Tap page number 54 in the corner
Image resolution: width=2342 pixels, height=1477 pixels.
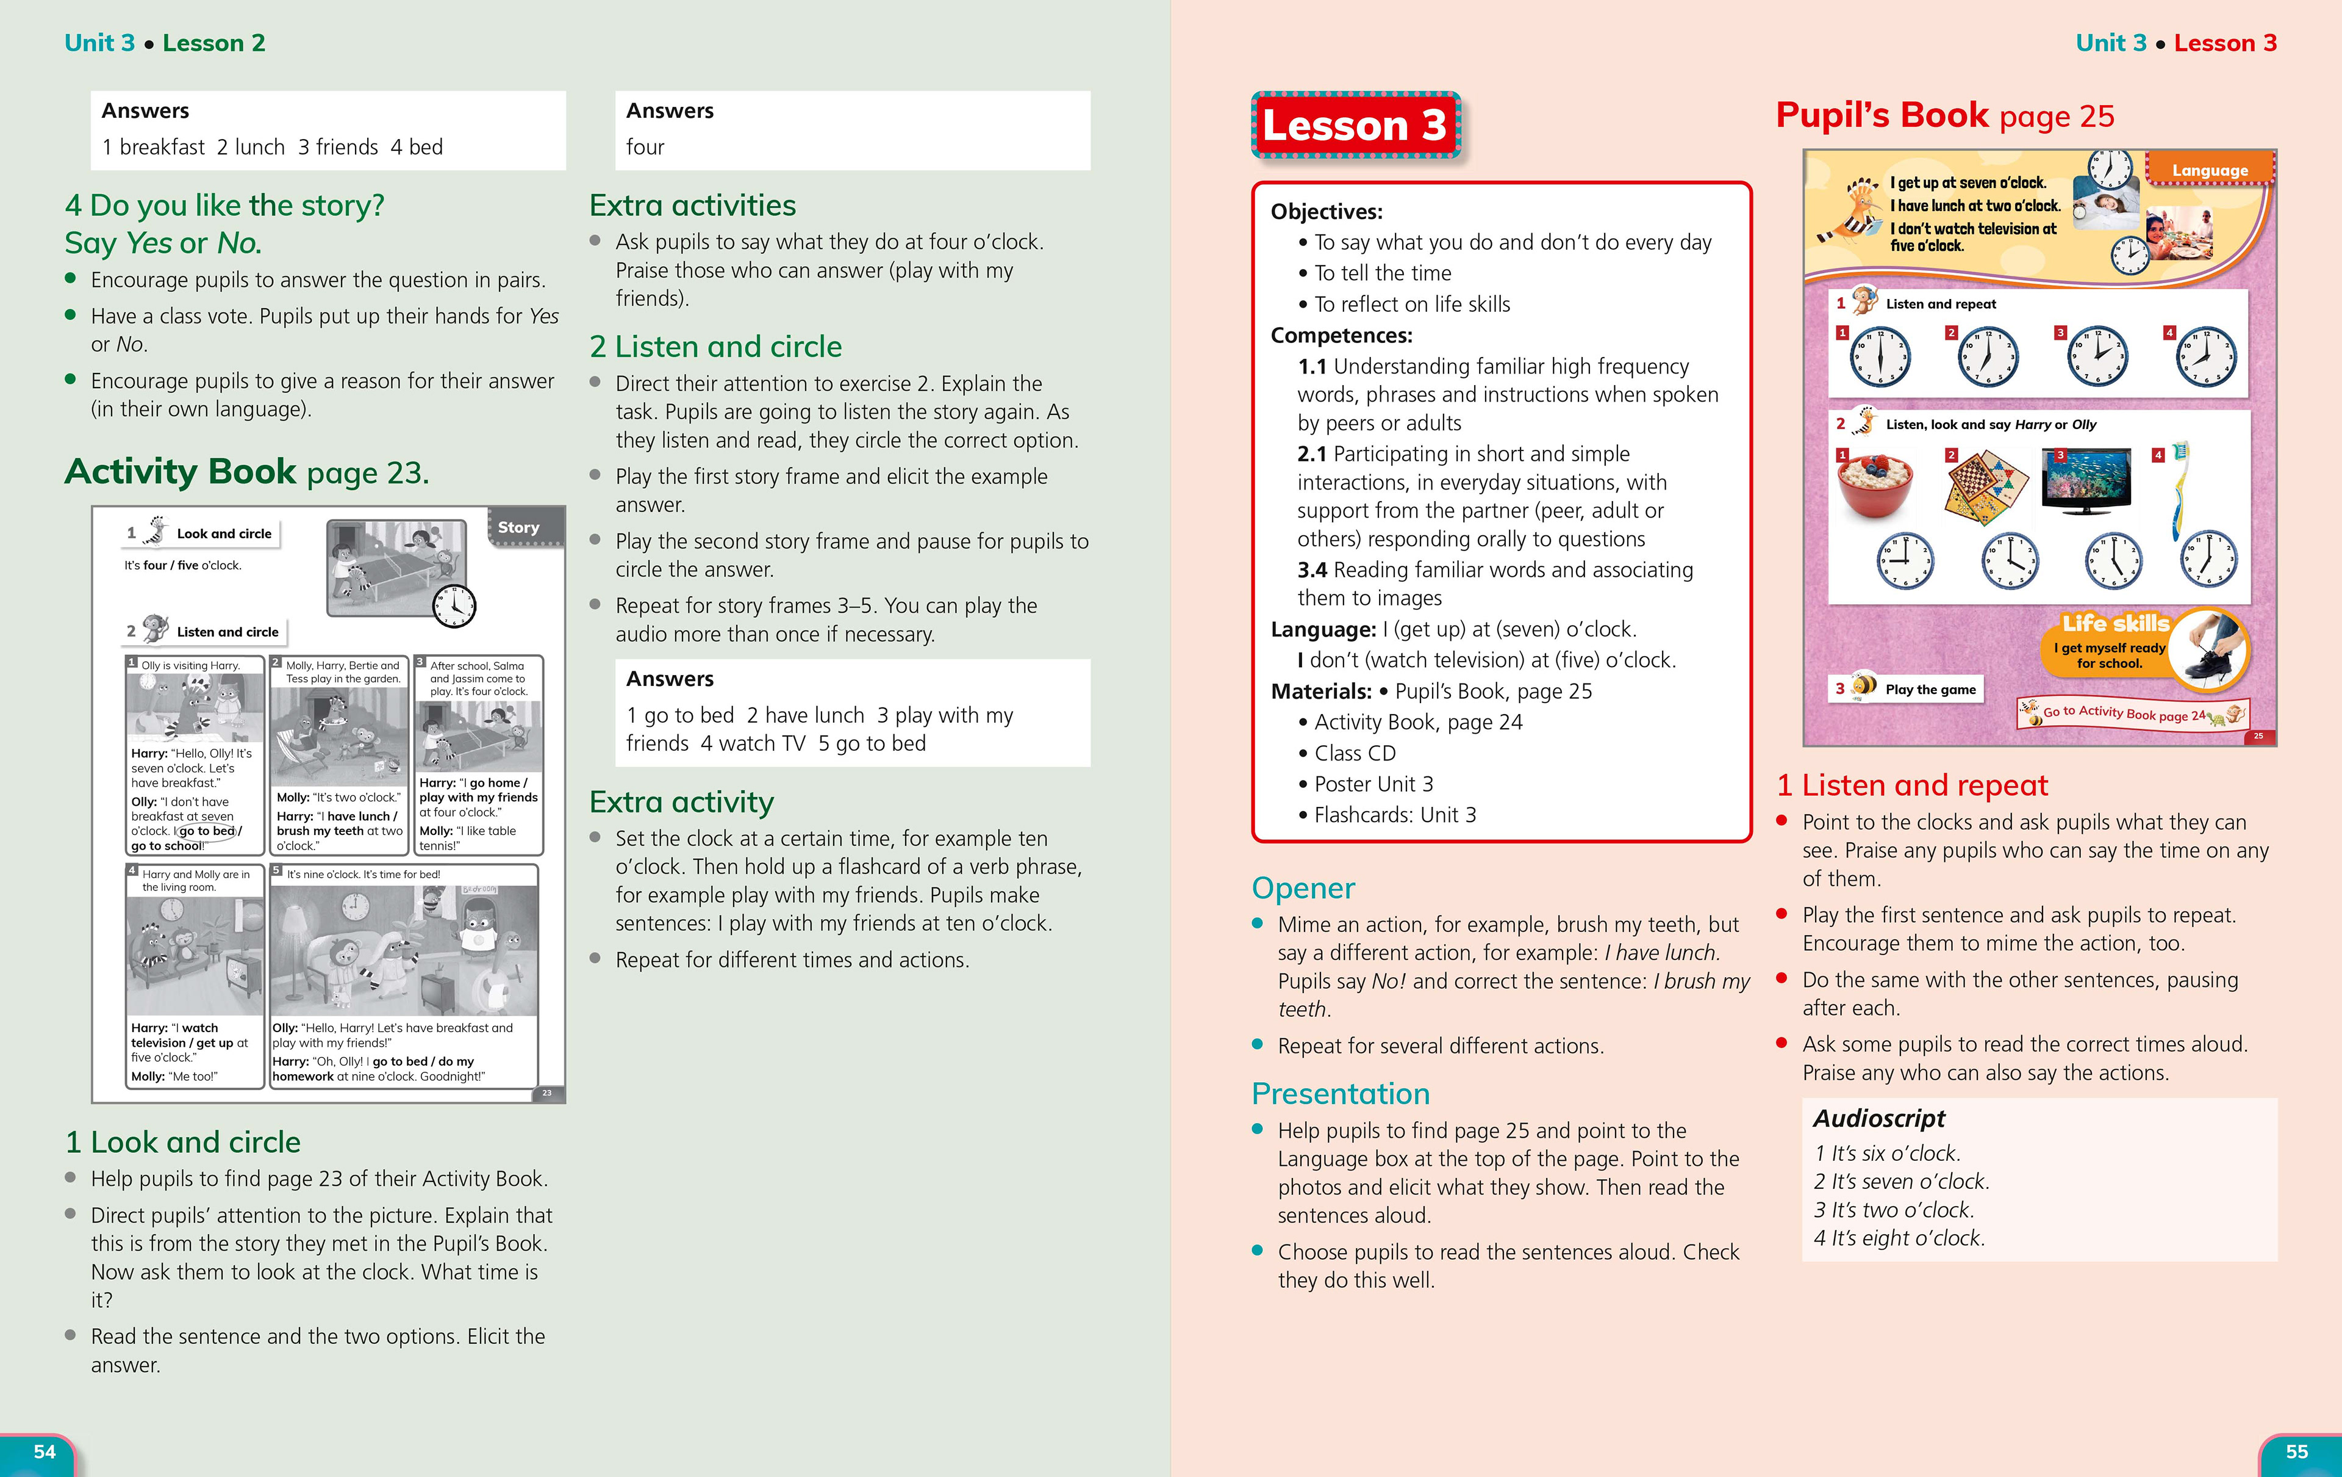click(x=45, y=1452)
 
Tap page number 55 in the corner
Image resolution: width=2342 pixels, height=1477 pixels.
click(x=2296, y=1452)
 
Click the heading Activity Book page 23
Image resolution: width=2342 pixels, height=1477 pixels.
click(x=246, y=472)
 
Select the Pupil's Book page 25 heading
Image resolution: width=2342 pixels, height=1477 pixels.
click(x=1944, y=116)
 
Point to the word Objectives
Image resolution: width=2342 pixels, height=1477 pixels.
click(x=1326, y=211)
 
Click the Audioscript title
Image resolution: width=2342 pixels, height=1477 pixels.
click(x=1879, y=1118)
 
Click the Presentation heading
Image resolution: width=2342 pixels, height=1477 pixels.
click(x=1340, y=1094)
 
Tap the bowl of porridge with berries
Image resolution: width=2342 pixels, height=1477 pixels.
click(x=1874, y=483)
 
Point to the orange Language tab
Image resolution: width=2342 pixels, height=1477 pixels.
click(x=2210, y=170)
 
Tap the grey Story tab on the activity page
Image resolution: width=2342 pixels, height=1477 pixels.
click(x=518, y=527)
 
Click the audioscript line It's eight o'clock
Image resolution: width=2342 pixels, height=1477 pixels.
click(x=1899, y=1238)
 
